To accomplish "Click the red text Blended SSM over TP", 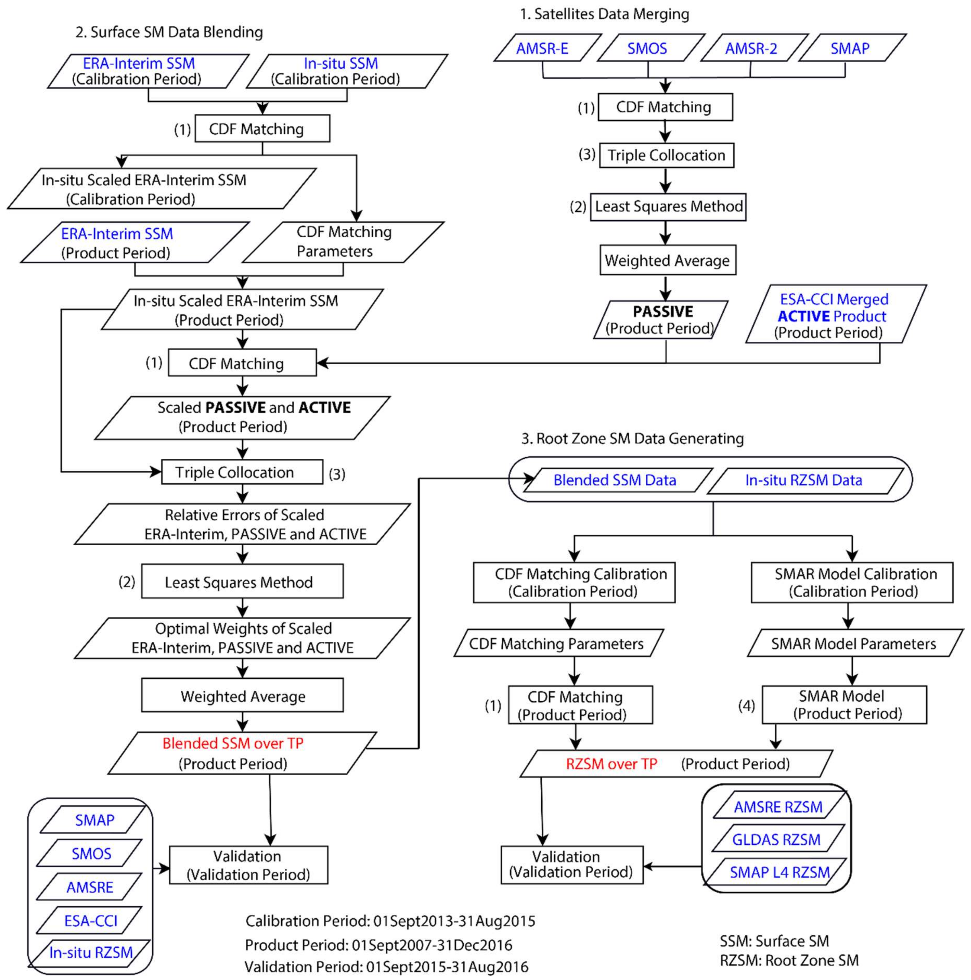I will [233, 743].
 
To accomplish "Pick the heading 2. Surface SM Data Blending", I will [169, 32].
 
